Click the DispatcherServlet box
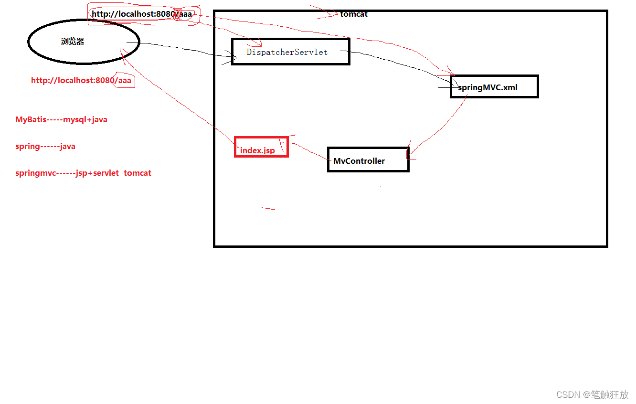(290, 52)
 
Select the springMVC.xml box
(494, 87)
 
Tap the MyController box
(368, 160)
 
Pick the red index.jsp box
(261, 147)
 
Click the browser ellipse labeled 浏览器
(83, 42)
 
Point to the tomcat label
(354, 14)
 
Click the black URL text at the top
(141, 14)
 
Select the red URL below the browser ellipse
(81, 80)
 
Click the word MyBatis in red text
(31, 120)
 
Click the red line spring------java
(45, 147)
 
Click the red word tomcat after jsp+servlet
(138, 173)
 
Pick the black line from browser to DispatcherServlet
(181, 48)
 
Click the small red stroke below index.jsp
(266, 208)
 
